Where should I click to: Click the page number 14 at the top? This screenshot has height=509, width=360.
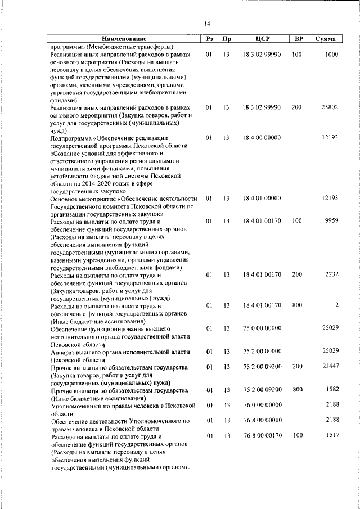208,24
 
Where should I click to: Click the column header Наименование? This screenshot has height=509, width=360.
124,39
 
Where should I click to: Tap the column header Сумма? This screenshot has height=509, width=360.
326,39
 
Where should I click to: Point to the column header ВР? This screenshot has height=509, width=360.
299,39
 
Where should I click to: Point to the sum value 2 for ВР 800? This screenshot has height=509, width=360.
336,305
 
